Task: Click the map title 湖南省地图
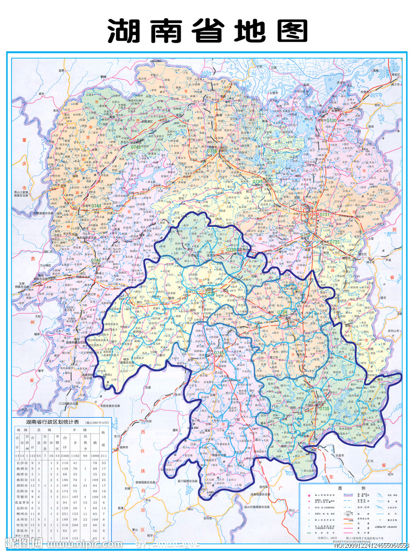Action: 208,31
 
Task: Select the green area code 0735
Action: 323,409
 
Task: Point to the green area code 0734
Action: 282,312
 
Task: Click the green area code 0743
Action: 95,206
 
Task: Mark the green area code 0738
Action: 232,249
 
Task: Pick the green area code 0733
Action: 334,242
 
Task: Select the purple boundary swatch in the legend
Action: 349,494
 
